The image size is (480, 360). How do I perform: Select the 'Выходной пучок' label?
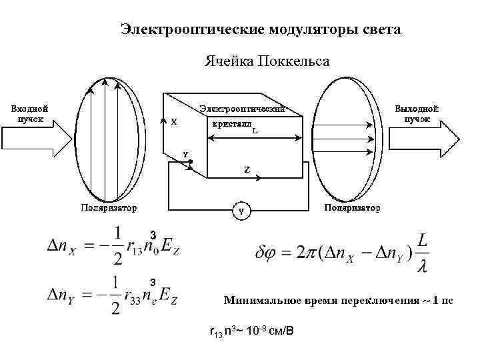417,113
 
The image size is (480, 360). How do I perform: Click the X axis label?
174,122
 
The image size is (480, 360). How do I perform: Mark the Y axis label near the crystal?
186,155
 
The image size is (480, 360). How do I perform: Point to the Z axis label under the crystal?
247,170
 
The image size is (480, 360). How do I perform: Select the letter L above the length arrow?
255,131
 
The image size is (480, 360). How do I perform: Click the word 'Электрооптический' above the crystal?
243,108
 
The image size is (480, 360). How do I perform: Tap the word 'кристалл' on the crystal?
231,124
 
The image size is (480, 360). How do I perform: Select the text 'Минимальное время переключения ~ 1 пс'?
338,301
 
